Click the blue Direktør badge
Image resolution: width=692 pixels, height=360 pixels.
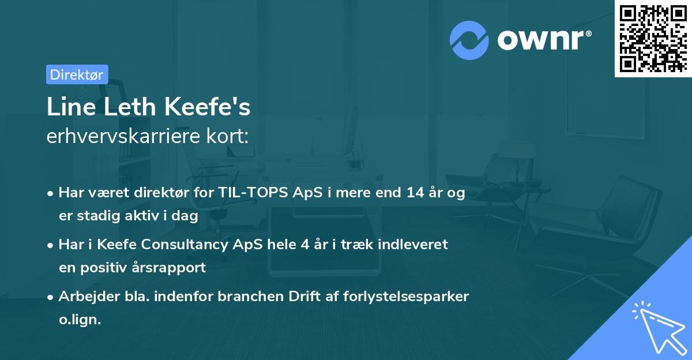point(77,74)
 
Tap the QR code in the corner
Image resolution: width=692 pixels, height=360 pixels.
point(653,39)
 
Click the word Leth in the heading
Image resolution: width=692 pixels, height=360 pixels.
point(126,108)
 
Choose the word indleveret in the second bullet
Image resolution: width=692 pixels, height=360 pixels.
point(417,245)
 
